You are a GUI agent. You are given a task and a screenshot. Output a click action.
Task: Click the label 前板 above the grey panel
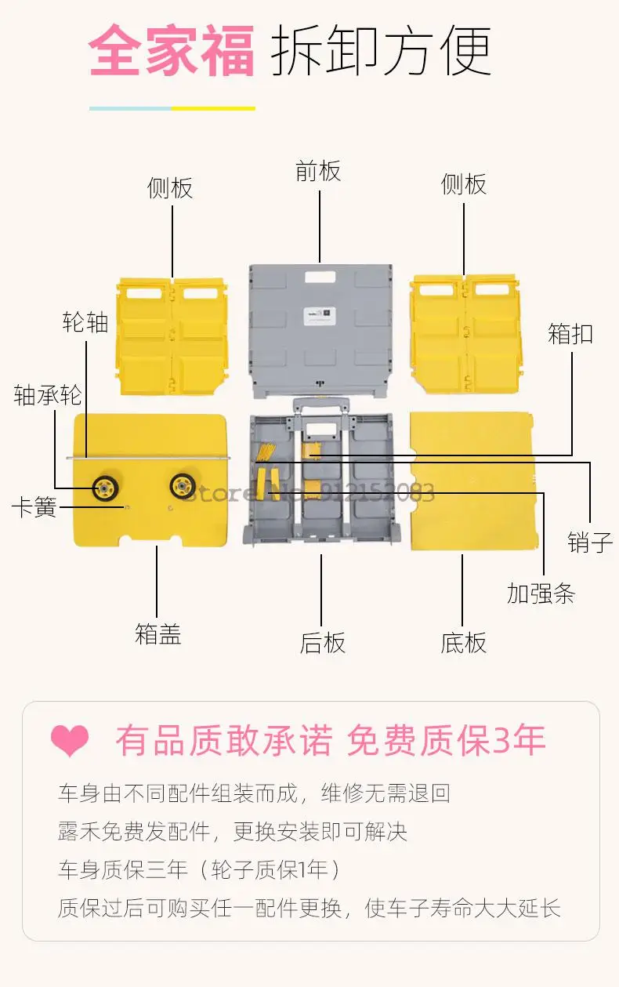pos(318,171)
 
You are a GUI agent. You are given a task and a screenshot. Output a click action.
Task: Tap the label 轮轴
pos(85,322)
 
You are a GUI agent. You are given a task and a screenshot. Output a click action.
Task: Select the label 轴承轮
pos(48,395)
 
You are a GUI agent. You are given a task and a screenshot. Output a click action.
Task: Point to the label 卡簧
pos(34,507)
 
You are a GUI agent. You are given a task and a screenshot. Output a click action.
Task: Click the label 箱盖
pos(157,634)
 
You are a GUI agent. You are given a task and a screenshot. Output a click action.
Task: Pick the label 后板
pos(322,643)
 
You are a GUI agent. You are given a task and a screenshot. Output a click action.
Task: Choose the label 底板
pos(463,643)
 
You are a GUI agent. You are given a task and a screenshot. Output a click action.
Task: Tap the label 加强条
pos(541,593)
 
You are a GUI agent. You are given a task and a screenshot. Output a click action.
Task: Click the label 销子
pos(590,542)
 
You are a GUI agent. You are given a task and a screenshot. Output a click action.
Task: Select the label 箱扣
pos(570,334)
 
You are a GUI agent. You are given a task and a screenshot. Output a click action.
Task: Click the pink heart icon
pos(70,741)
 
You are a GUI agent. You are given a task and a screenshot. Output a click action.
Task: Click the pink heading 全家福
pos(172,51)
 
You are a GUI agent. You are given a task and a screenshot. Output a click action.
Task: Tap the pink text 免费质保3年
pos(446,741)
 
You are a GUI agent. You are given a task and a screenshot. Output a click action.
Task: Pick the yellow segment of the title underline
pos(213,108)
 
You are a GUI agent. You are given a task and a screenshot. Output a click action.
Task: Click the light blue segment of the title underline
pos(130,108)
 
